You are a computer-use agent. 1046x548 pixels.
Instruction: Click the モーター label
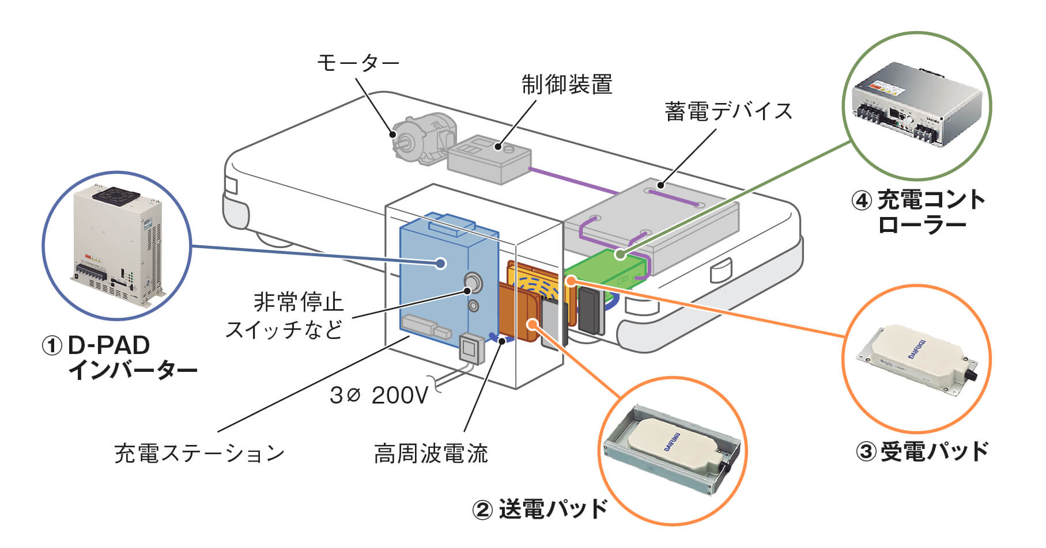358,63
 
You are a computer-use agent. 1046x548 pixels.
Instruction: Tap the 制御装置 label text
567,85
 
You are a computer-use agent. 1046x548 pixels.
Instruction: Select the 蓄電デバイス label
728,111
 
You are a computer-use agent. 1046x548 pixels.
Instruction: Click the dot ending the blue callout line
441,264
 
